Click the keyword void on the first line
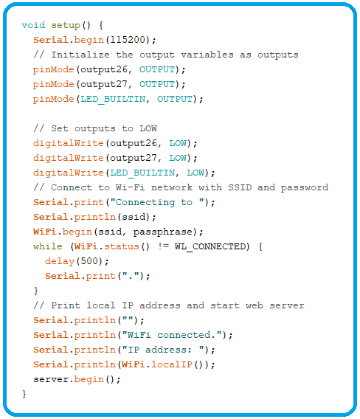[x=33, y=25]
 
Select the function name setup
[x=66, y=26]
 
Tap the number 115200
[x=128, y=40]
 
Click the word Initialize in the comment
[x=80, y=55]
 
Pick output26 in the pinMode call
[x=104, y=70]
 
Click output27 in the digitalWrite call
[x=134, y=159]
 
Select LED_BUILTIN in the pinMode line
[x=113, y=99]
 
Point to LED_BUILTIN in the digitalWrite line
[x=142, y=173]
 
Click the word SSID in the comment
[x=240, y=187]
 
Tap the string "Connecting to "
[x=160, y=202]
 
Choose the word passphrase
[x=163, y=232]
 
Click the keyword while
[x=48, y=246]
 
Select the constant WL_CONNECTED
[x=210, y=246]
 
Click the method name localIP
[x=172, y=364]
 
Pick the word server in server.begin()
[x=51, y=379]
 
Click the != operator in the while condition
[x=163, y=246]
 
